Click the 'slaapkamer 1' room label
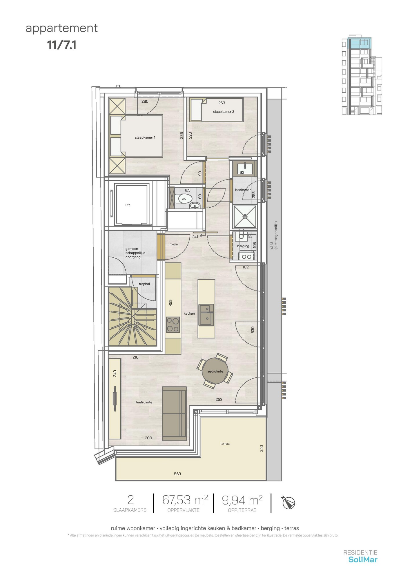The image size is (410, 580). [145, 137]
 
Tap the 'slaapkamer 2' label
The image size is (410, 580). [224, 112]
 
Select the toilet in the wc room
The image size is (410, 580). [184, 199]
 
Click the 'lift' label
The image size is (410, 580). [128, 205]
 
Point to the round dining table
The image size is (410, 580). [215, 371]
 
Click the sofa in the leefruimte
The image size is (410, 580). [174, 413]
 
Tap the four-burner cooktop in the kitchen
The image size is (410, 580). [173, 325]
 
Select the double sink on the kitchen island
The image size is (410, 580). [206, 315]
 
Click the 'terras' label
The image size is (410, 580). [225, 443]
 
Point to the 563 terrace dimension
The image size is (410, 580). [177, 474]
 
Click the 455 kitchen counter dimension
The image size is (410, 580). [170, 303]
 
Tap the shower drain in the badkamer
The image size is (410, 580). [245, 216]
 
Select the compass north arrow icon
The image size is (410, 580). [289, 503]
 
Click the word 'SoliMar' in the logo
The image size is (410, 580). [363, 559]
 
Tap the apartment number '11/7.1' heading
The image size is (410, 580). [62, 45]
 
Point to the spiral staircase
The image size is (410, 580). [133, 316]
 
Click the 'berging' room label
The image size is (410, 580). [243, 246]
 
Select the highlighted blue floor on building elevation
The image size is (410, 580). [360, 43]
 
